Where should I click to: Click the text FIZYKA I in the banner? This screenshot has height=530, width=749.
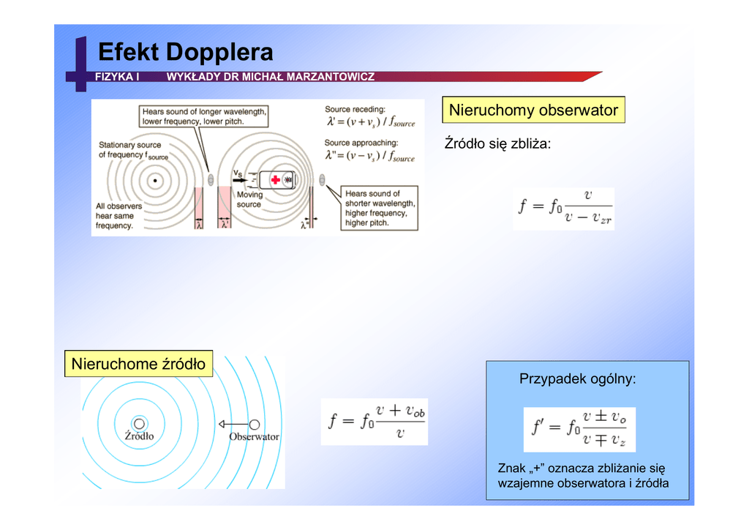(117, 77)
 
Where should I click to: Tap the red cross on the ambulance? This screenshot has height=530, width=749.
(275, 179)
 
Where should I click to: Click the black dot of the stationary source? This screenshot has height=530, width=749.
(155, 180)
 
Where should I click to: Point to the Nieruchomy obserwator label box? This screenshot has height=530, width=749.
(533, 111)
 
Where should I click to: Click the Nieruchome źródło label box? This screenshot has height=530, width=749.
(138, 364)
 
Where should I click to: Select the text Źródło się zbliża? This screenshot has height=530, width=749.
(497, 144)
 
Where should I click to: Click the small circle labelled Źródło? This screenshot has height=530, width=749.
(139, 423)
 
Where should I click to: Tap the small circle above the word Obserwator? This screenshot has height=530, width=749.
(254, 425)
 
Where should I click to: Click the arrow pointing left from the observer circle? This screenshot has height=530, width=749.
(233, 425)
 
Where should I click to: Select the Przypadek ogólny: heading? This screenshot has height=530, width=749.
(577, 379)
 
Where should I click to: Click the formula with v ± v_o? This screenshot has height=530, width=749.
(579, 429)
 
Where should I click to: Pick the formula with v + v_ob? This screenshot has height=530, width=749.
(374, 422)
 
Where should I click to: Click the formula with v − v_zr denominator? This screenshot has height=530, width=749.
(564, 208)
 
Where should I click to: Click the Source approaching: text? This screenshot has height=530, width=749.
(361, 143)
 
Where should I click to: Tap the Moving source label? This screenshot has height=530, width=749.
(249, 200)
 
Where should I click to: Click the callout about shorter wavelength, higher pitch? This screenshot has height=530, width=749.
(380, 209)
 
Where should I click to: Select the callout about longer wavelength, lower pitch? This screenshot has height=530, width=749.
(204, 116)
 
